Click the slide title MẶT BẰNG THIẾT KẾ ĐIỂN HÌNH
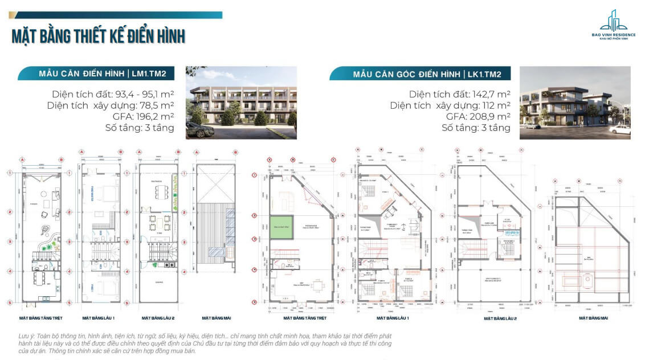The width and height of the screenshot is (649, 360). point(98,36)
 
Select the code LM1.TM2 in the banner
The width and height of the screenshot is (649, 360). point(149,74)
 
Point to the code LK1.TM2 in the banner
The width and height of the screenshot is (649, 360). point(488,74)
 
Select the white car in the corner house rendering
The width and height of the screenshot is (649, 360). point(620,129)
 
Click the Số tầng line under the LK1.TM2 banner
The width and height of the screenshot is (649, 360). point(476,128)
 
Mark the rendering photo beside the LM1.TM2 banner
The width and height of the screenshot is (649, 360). point(241,103)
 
